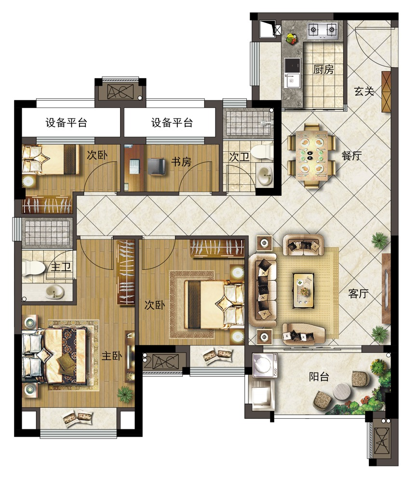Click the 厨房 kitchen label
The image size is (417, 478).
323,69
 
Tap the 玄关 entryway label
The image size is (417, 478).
364,91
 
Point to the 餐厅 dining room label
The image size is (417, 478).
352,156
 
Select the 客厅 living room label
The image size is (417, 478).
359,293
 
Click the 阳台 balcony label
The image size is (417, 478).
319,377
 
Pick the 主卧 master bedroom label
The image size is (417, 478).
112,356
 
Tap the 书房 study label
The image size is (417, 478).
181,161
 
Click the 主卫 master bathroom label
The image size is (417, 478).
61,267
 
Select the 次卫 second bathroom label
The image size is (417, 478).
239,157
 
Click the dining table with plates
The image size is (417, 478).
311,156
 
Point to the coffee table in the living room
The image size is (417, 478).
304,290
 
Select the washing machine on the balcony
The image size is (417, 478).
265,365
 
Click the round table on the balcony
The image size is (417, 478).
342,392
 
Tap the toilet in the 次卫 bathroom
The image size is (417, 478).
262,152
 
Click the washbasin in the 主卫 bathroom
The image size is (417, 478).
54,292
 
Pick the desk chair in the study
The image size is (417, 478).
157,167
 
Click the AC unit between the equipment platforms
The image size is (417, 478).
121,92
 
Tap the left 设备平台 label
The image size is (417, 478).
67,122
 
